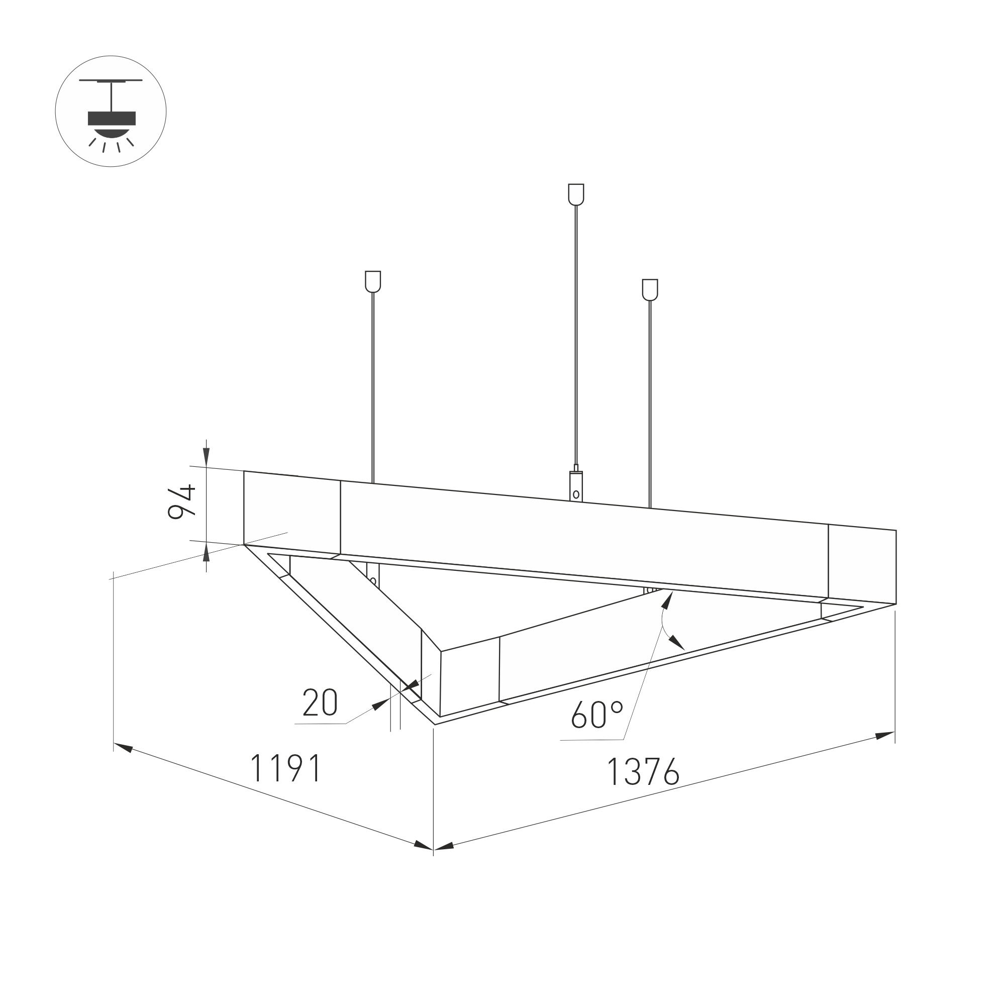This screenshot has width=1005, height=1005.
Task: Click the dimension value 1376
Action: pos(643,772)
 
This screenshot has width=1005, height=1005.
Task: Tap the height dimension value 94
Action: pos(181,501)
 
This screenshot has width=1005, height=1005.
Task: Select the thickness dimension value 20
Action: pos(320,703)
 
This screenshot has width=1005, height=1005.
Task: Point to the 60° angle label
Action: pos(596,714)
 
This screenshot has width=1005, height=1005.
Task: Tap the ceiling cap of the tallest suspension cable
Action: pos(576,194)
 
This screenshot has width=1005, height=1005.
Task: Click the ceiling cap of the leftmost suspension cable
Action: pos(373,281)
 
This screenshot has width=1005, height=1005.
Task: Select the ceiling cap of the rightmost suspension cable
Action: pos(650,290)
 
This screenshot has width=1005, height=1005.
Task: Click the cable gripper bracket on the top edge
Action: pos(576,486)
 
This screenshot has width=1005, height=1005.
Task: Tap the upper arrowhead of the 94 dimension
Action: pos(207,457)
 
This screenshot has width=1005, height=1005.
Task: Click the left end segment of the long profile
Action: pos(292,513)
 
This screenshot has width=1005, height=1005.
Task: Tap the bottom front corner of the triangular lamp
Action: pos(435,724)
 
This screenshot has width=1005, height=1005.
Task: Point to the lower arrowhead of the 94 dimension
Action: pos(207,553)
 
